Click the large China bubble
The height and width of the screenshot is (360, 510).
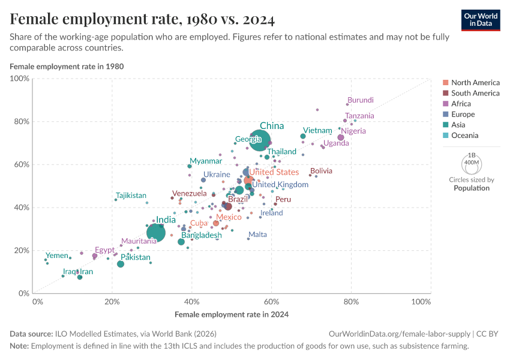259,140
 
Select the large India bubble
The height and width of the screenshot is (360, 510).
155,233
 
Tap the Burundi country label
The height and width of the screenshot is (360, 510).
361,100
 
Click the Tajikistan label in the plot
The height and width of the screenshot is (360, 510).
131,196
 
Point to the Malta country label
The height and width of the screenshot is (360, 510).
257,235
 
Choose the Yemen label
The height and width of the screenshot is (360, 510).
57,256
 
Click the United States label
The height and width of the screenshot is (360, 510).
274,172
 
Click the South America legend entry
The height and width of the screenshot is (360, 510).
475,93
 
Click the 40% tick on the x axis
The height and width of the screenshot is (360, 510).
192,301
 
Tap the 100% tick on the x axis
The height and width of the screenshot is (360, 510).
421,301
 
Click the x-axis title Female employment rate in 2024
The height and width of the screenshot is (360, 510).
232,314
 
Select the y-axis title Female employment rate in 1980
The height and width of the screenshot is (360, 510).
67,66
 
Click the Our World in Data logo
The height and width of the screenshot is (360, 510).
481,19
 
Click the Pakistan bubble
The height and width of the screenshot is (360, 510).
121,264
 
